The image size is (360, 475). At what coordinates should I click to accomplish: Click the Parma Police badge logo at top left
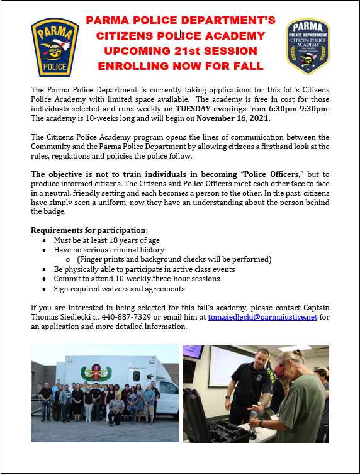55,47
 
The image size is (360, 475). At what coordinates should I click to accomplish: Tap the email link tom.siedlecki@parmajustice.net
262,316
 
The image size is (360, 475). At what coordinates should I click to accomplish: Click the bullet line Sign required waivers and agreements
119,288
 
